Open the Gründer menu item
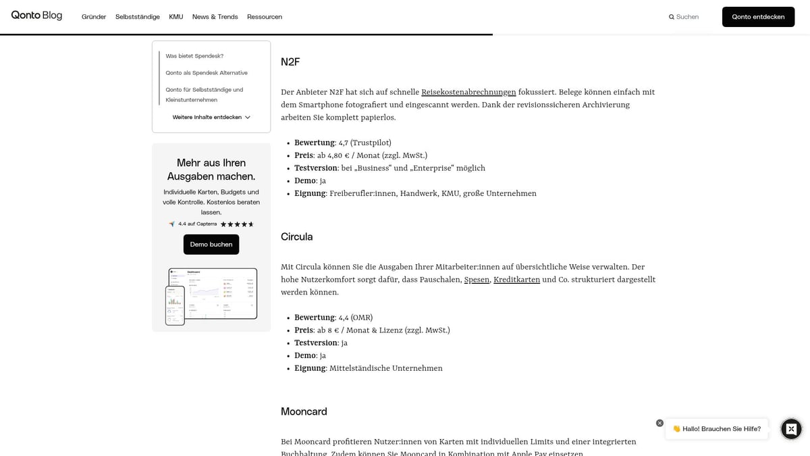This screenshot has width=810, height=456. [x=94, y=17]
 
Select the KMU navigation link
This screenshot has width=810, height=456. [x=176, y=17]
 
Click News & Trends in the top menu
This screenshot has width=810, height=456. [x=215, y=17]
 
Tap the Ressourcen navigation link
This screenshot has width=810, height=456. [x=265, y=17]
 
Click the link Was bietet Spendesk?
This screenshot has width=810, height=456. [x=194, y=56]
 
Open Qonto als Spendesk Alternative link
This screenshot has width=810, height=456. [x=207, y=73]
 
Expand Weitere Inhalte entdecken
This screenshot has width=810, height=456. [x=211, y=118]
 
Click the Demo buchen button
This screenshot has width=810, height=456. [x=211, y=245]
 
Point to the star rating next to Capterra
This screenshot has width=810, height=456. [x=237, y=224]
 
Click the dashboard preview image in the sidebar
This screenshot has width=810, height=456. [x=211, y=296]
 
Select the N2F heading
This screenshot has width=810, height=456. [x=290, y=62]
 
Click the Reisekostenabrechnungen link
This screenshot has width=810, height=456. [x=468, y=93]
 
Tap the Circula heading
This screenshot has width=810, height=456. [x=296, y=237]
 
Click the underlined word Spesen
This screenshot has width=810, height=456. [x=477, y=280]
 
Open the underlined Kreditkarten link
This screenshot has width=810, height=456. [x=516, y=280]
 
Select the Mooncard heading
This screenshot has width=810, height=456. [x=304, y=411]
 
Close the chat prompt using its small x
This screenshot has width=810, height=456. [x=659, y=423]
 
